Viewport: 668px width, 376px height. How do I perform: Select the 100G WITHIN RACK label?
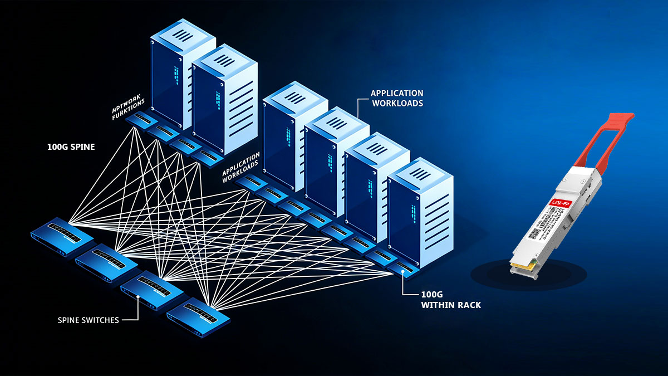[443, 300]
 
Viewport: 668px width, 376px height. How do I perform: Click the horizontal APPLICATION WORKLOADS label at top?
[397, 98]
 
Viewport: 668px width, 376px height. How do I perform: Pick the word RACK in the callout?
[468, 305]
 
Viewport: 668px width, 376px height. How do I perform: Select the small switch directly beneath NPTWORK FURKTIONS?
[137, 120]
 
